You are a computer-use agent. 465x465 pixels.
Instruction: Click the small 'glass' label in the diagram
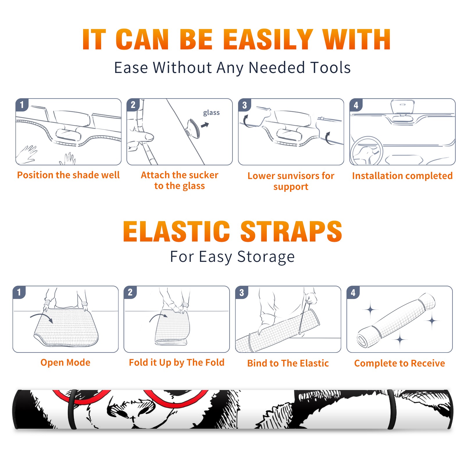pyautogui.click(x=211, y=113)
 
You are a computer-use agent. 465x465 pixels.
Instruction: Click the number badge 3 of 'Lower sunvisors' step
pyautogui.click(x=244, y=105)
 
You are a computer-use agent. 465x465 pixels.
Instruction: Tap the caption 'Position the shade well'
pyautogui.click(x=68, y=175)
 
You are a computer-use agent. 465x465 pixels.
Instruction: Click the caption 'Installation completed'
pyautogui.click(x=402, y=176)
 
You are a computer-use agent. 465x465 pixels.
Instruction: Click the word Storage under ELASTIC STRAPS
pyautogui.click(x=266, y=257)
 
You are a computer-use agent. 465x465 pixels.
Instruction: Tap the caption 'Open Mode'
pyautogui.click(x=65, y=362)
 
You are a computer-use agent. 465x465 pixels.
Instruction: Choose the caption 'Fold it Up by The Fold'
pyautogui.click(x=177, y=362)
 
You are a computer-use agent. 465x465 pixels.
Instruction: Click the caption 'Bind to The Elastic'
pyautogui.click(x=288, y=363)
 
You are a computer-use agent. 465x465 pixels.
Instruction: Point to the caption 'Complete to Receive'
pyautogui.click(x=400, y=363)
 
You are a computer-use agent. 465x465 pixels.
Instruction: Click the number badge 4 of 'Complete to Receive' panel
pyautogui.click(x=353, y=292)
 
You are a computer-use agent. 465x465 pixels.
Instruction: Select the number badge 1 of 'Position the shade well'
pyautogui.click(x=22, y=105)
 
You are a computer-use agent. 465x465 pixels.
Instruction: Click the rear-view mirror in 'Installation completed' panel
pyautogui.click(x=402, y=107)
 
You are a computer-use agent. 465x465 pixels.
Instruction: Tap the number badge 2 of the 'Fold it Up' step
pyautogui.click(x=130, y=292)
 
